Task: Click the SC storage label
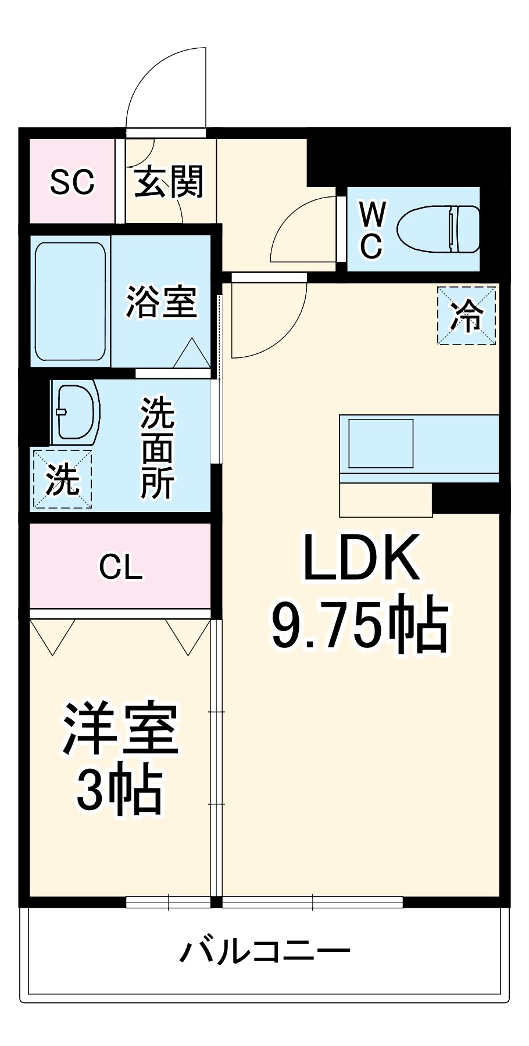(72, 182)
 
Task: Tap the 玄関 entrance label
(169, 181)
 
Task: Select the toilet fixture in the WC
(438, 229)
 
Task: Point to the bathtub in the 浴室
(70, 302)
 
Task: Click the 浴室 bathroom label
(162, 302)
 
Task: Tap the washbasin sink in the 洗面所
(74, 411)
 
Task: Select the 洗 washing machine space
(62, 479)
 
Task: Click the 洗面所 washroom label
(157, 447)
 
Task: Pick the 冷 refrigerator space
(467, 316)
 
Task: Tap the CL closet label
(120, 567)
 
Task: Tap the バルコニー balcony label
(264, 952)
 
